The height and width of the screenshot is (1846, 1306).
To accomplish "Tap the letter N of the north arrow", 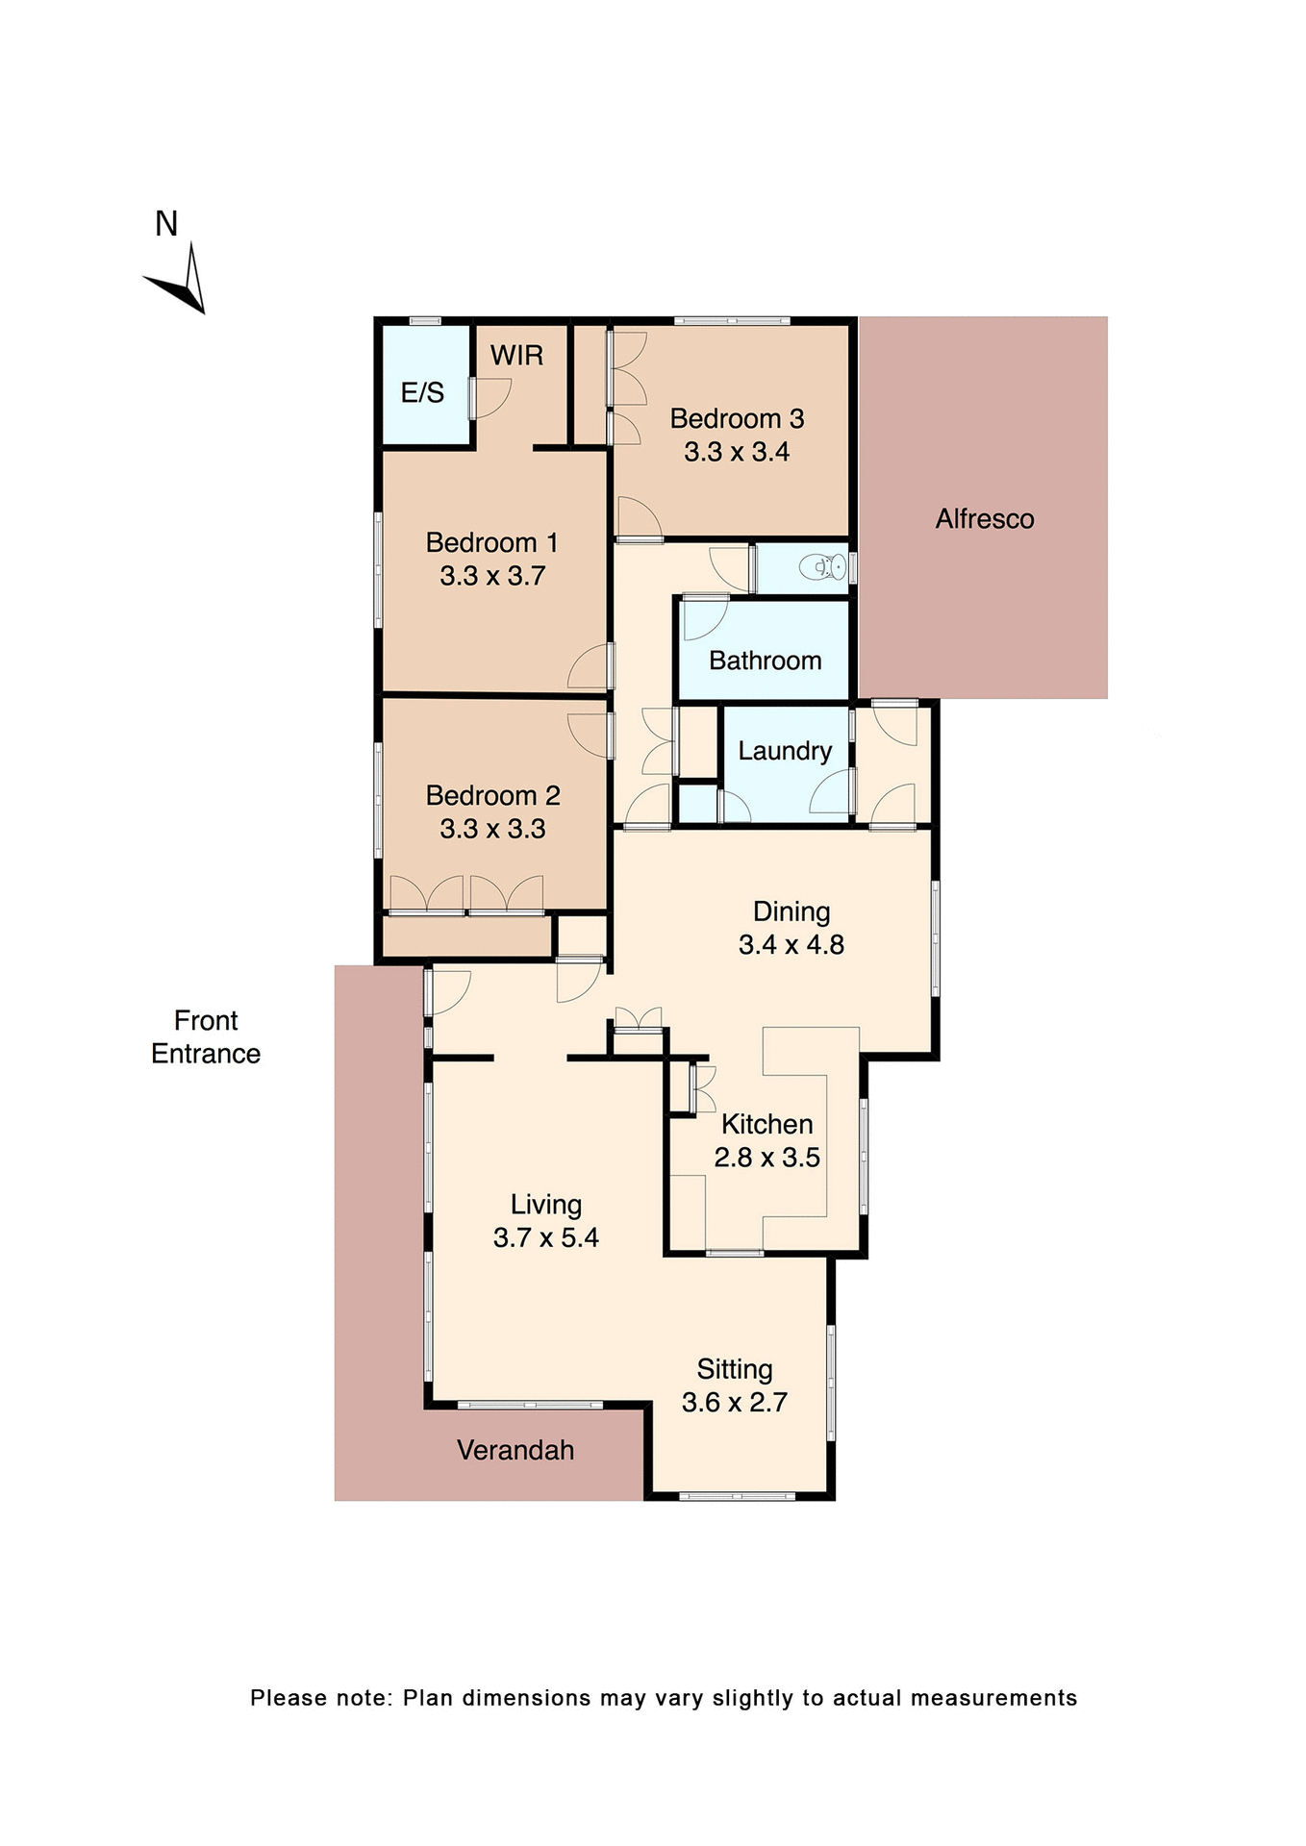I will tap(166, 224).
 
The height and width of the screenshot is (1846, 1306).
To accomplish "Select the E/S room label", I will tap(422, 392).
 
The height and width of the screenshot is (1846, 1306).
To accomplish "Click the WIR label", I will tap(516, 356).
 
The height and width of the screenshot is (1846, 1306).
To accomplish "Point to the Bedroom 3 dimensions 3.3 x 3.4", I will tap(737, 452).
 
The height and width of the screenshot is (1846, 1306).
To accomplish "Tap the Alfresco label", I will tap(985, 519).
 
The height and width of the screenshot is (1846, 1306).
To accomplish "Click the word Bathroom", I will tap(765, 661).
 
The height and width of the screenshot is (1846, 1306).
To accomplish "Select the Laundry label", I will tap(785, 751).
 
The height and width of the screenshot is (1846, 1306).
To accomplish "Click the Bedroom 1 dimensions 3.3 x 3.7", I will tap(492, 576).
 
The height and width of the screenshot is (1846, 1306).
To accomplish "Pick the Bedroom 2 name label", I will tap(492, 796).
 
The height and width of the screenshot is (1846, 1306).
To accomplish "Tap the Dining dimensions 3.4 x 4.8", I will tap(791, 945).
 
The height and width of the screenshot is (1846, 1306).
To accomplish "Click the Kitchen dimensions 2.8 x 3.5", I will tap(766, 1158).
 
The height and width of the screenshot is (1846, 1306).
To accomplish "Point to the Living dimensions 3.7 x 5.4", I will tap(545, 1238).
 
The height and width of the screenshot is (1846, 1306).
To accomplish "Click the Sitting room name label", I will tap(735, 1369).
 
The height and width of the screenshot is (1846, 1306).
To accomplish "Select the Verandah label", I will tap(515, 1451).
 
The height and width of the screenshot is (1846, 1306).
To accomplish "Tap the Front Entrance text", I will tap(206, 1037).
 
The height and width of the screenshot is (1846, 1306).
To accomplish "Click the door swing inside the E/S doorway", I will tap(491, 397).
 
